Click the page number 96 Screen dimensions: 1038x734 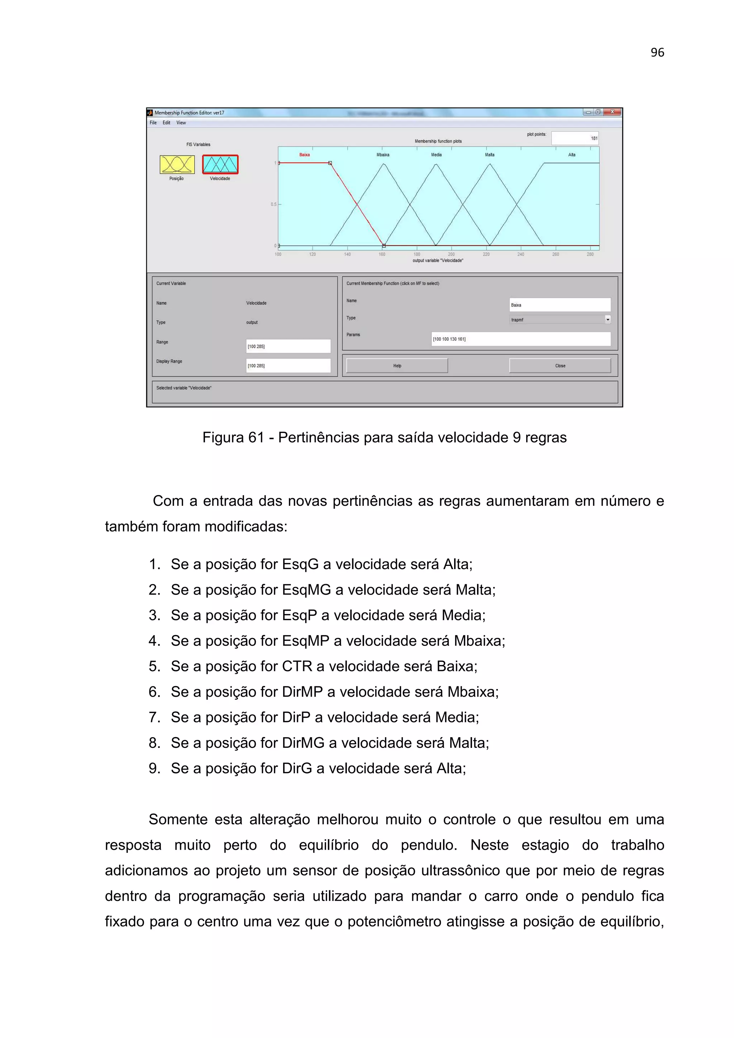[x=657, y=53]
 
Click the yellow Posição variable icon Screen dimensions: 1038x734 [x=177, y=164]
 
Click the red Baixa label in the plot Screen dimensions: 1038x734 [x=304, y=155]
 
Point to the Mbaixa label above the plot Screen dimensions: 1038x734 [x=383, y=155]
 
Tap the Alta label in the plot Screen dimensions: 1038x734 [x=572, y=155]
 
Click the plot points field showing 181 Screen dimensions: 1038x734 [x=575, y=138]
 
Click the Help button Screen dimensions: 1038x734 [x=397, y=366]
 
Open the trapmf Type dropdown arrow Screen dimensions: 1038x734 [x=607, y=319]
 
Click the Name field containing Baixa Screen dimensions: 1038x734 [x=559, y=305]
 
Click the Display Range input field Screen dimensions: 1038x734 [x=288, y=366]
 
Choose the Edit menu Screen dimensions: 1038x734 [x=166, y=123]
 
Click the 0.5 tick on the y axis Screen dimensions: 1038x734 [x=273, y=205]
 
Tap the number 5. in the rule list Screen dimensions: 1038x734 [x=155, y=666]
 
